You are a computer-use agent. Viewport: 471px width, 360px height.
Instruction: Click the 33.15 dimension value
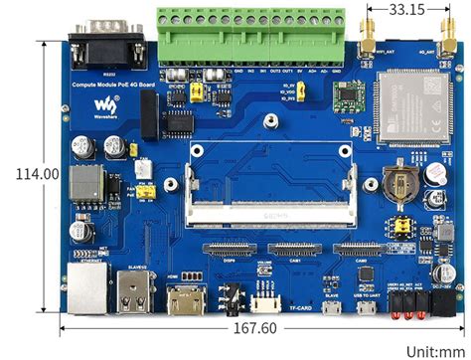402,10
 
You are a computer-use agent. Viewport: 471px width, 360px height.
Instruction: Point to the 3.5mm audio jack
233,298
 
